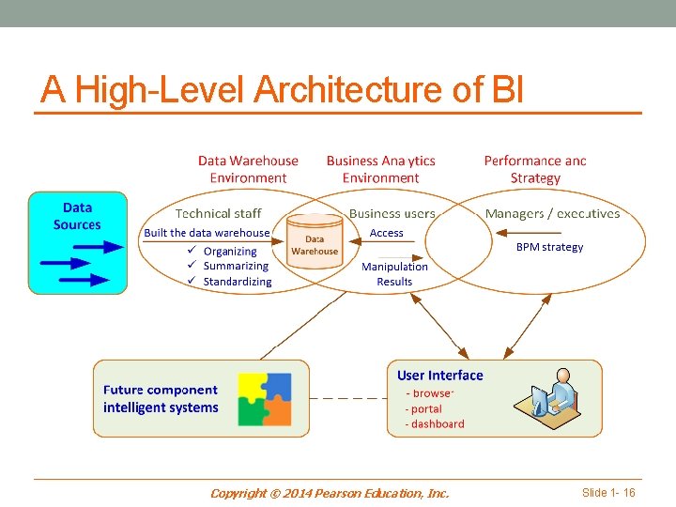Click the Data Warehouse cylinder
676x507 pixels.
[x=315, y=241]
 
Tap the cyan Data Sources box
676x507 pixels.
[x=78, y=243]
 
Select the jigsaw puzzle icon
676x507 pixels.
[x=265, y=399]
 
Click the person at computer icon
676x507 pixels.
[x=547, y=398]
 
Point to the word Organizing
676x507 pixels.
[x=230, y=252]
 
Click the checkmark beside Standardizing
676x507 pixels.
[x=192, y=280]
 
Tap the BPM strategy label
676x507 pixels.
[x=549, y=247]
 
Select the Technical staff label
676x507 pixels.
[x=218, y=213]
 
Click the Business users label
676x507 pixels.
[x=392, y=213]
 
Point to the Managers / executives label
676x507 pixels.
[x=553, y=213]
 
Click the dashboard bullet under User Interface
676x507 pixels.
[x=435, y=423]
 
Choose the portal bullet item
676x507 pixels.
[x=423, y=408]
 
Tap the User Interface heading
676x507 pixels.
[x=440, y=375]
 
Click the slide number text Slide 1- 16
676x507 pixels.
[x=608, y=492]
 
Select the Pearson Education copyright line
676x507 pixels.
[x=330, y=493]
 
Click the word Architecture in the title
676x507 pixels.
[x=348, y=90]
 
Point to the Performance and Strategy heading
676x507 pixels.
[x=535, y=169]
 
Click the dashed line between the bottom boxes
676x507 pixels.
[x=348, y=398]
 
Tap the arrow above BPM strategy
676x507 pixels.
[x=528, y=233]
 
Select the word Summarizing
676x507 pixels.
[x=236, y=266]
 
